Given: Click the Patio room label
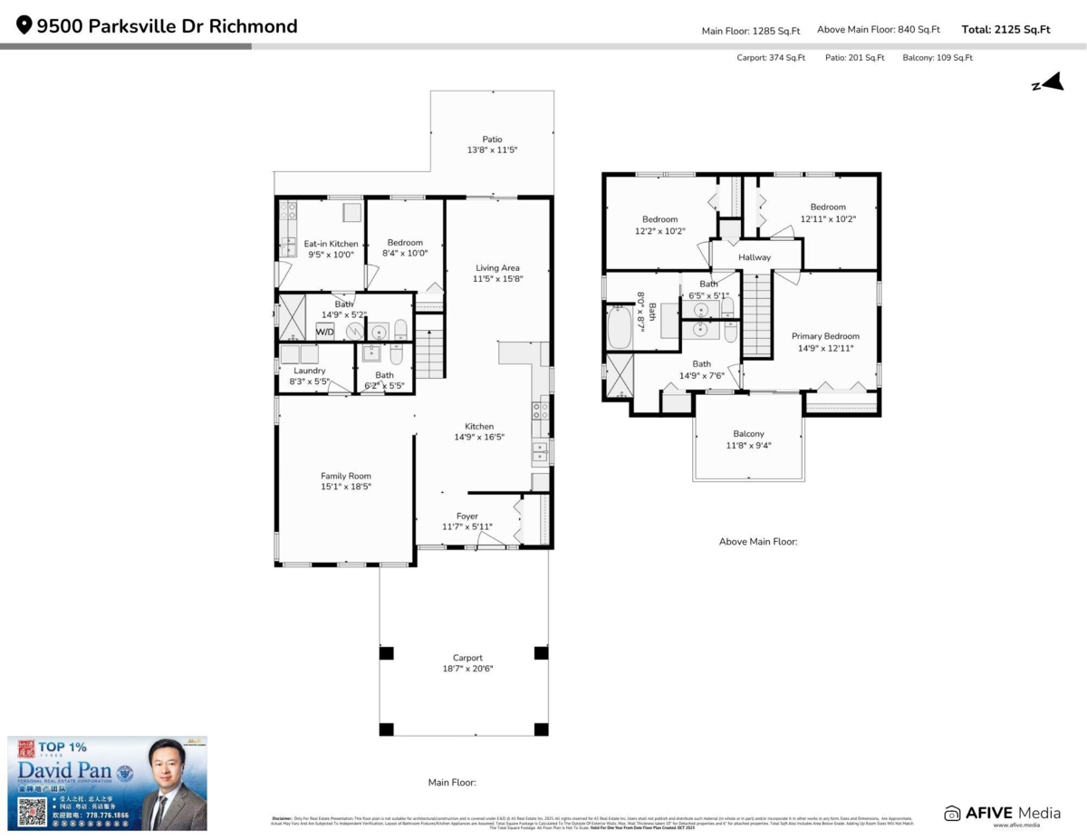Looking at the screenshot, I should pyautogui.click(x=492, y=140).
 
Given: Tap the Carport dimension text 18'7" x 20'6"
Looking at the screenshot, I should pyautogui.click(x=467, y=669).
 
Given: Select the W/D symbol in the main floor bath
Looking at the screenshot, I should pyautogui.click(x=324, y=332).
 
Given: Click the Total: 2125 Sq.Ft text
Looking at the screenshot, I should pyautogui.click(x=1005, y=30).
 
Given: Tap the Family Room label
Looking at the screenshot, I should pyautogui.click(x=345, y=476).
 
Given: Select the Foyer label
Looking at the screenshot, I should pyautogui.click(x=467, y=517).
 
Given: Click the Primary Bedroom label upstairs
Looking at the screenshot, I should pyautogui.click(x=825, y=336).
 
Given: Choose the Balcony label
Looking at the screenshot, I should pyautogui.click(x=748, y=434).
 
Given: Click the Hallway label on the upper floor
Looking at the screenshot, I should pyautogui.click(x=755, y=257).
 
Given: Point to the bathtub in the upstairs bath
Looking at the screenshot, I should pyautogui.click(x=620, y=327).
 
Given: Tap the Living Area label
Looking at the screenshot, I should pyautogui.click(x=497, y=267).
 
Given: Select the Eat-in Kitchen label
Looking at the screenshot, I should pyautogui.click(x=331, y=244).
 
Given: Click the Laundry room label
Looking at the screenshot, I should pyautogui.click(x=310, y=371).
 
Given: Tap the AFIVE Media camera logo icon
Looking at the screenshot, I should pyautogui.click(x=952, y=813).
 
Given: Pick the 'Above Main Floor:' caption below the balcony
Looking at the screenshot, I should pyautogui.click(x=758, y=542).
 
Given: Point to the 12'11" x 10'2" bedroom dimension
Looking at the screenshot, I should pyautogui.click(x=828, y=218).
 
